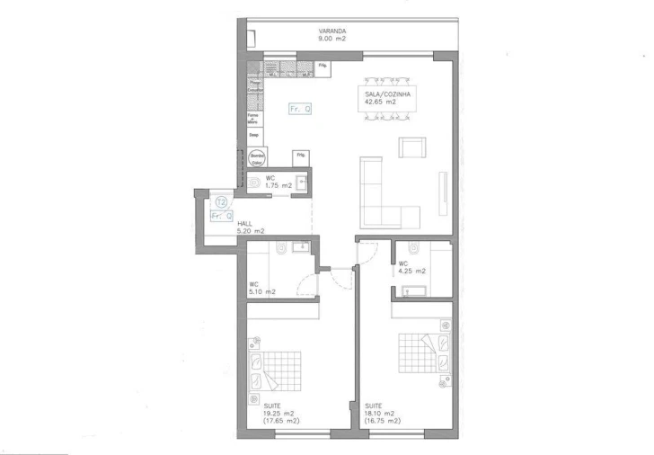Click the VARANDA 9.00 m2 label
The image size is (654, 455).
[x=331, y=35]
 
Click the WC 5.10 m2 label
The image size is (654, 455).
[x=262, y=289]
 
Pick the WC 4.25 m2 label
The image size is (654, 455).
[x=411, y=267]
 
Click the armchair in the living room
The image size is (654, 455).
[x=412, y=148]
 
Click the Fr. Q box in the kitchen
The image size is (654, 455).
[x=300, y=109]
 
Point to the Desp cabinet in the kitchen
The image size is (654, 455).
[x=254, y=135]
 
